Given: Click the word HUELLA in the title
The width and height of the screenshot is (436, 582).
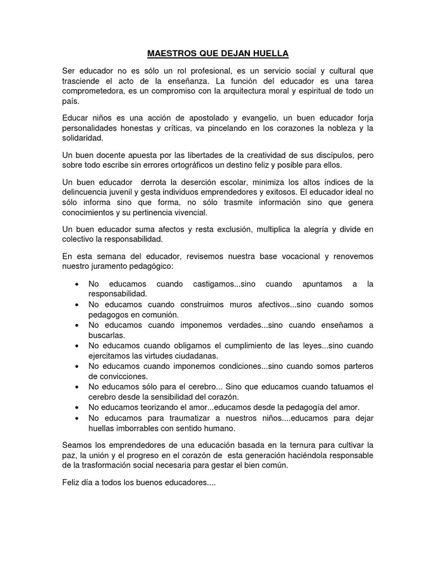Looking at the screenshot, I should click(271, 54).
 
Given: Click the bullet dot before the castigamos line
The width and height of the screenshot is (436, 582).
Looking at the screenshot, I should click(77, 284).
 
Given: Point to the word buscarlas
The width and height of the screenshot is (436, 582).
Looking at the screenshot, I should click(106, 335).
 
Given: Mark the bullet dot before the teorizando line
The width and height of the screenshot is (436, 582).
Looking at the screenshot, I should click(77, 408).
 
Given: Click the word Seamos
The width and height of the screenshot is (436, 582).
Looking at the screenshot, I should click(78, 445).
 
